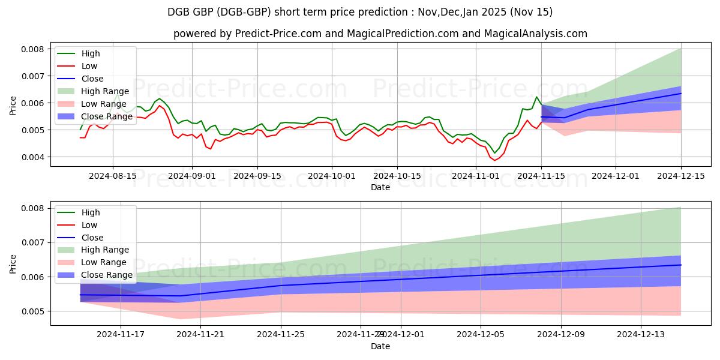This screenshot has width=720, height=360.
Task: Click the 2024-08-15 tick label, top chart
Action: coord(113,176)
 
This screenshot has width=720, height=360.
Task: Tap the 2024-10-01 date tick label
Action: coord(332,176)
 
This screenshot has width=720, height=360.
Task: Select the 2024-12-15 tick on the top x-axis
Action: coord(681,176)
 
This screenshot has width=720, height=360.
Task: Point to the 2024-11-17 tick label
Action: coord(121,335)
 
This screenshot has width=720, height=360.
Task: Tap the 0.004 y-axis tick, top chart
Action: coord(35,157)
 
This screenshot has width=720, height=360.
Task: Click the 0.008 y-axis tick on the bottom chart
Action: coord(35,208)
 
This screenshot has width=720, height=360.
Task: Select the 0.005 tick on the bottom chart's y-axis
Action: coord(35,311)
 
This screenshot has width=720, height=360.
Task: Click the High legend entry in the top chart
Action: coord(91,53)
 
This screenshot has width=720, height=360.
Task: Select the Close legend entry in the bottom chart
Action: coord(92,238)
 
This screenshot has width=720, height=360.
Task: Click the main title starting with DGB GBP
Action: coord(360,12)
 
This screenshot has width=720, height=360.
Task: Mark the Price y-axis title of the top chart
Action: coord(13,105)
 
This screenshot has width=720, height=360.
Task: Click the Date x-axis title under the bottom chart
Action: coord(380,346)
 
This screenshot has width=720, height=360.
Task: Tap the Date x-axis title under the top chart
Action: coord(380,187)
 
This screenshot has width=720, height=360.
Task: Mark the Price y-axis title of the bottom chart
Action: coord(13,263)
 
